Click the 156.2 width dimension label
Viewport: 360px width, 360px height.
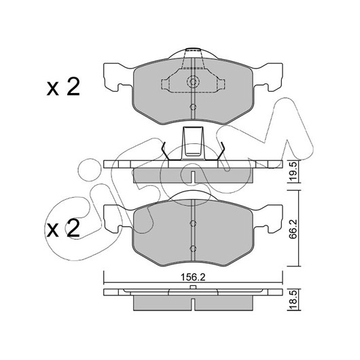click(193, 277)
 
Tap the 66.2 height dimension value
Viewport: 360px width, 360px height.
click(293, 229)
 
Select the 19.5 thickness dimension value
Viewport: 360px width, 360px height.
click(293, 171)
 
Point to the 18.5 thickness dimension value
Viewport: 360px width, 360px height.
click(293, 300)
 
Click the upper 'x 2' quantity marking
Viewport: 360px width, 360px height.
click(63, 87)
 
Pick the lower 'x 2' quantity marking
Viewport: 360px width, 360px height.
click(63, 228)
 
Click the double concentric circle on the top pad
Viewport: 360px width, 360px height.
click(193, 82)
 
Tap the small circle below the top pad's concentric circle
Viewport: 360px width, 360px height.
click(193, 107)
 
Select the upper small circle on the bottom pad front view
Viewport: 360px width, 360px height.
click(193, 223)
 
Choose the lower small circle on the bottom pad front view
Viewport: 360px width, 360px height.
click(193, 249)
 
